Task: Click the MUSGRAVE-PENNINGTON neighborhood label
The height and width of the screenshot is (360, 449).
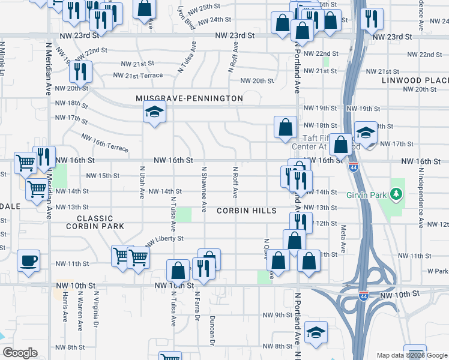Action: [x=189, y=98]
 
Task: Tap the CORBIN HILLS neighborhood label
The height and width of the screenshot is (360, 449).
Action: [x=246, y=211]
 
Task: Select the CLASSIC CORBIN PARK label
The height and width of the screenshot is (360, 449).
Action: [x=95, y=222]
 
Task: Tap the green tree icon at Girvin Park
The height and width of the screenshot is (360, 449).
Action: [x=396, y=194]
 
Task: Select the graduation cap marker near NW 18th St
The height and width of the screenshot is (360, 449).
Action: [x=154, y=112]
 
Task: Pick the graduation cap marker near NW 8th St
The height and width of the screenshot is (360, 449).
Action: [x=316, y=332]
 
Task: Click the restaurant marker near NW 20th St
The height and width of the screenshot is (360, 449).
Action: [x=80, y=71]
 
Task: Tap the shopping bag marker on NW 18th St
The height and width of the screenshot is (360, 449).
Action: [x=285, y=127]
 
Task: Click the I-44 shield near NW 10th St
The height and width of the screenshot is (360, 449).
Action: [x=363, y=295]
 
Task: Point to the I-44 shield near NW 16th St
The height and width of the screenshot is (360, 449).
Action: [x=354, y=167]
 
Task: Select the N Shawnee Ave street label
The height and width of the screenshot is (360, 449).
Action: [x=204, y=189]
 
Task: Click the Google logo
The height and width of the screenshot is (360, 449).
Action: [x=20, y=353]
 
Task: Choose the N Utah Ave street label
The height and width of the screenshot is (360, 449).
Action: [x=142, y=182]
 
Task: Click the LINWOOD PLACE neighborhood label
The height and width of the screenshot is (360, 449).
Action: [x=415, y=80]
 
